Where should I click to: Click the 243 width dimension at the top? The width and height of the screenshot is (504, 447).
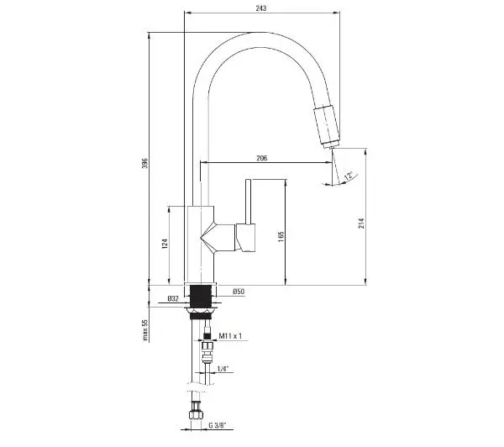pyautogui.click(x=261, y=8)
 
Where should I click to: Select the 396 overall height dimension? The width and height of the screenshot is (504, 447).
pyautogui.click(x=145, y=163)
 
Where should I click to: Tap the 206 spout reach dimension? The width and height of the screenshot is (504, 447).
pyautogui.click(x=261, y=158)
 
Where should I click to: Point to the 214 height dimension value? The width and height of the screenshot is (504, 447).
pyautogui.click(x=362, y=223)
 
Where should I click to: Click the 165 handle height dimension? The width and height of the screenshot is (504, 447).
pyautogui.click(x=281, y=236)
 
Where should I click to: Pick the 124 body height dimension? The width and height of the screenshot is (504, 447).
pyautogui.click(x=165, y=244)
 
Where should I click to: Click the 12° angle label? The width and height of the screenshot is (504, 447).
pyautogui.click(x=349, y=176)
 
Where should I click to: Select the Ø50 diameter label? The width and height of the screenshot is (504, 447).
pyautogui.click(x=239, y=292)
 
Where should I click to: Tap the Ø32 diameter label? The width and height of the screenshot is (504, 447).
pyautogui.click(x=173, y=299)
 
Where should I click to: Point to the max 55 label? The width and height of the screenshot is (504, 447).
pyautogui.click(x=145, y=330)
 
